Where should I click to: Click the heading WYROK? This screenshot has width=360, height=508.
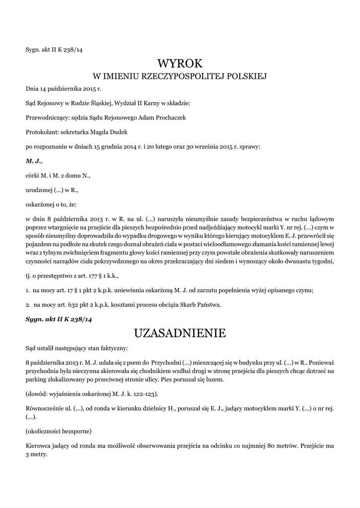(x=180, y=63)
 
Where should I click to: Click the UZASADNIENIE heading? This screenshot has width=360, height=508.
(x=180, y=333)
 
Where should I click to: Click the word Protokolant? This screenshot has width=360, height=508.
(x=41, y=132)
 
